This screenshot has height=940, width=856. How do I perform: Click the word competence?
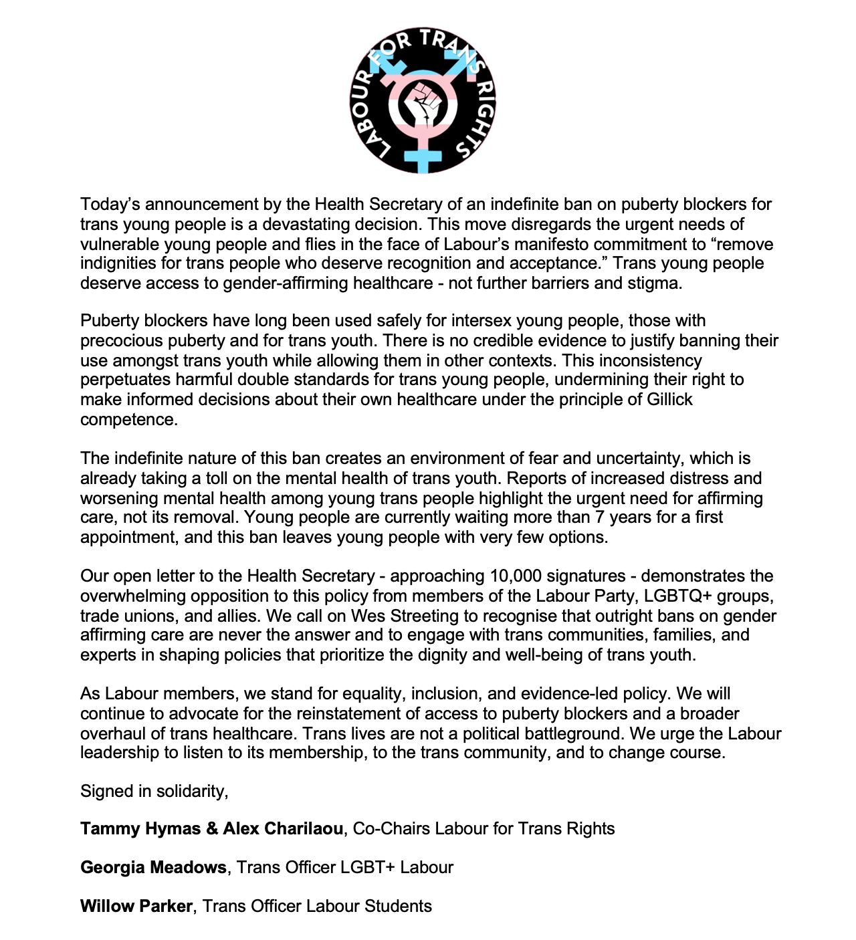pos(128,420)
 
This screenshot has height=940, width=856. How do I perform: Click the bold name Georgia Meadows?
pos(153,868)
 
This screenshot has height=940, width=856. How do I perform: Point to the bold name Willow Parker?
pos(136,907)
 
